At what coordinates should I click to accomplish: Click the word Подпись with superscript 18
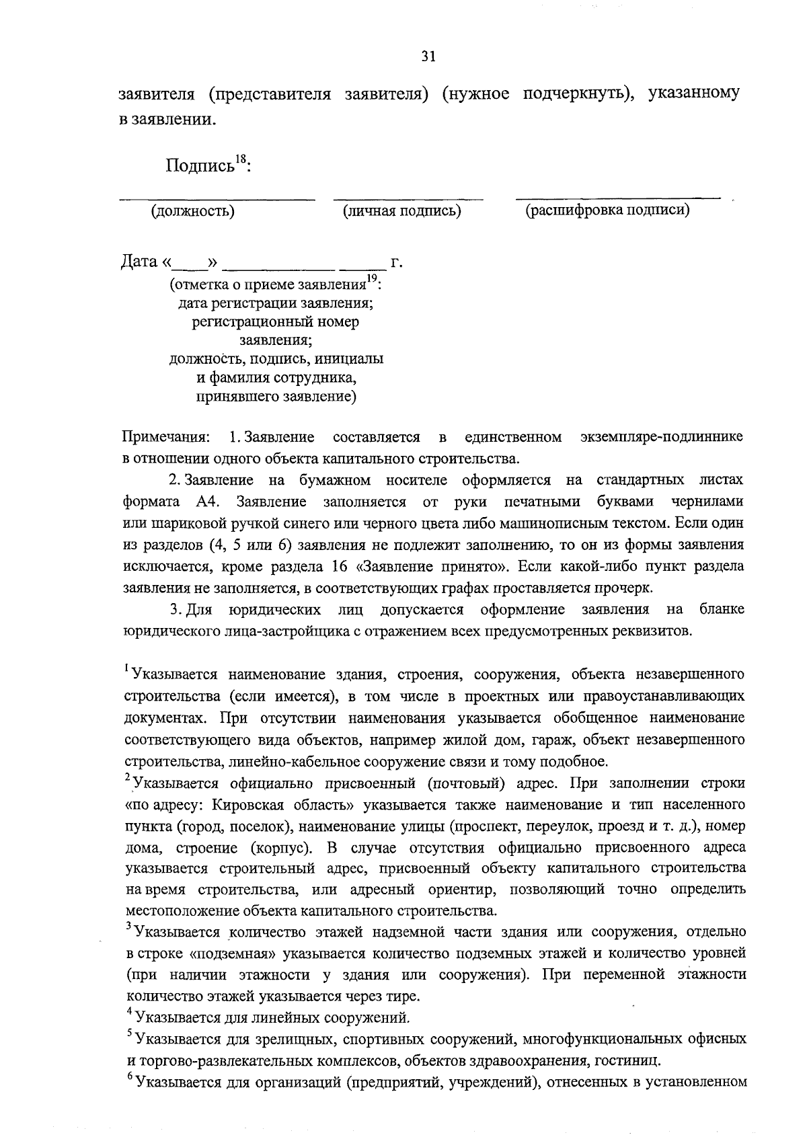point(207,165)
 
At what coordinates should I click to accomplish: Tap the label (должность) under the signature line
point(193,211)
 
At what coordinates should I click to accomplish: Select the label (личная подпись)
point(401,211)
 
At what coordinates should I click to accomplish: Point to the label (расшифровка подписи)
point(607,210)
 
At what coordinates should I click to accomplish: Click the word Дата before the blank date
point(139,261)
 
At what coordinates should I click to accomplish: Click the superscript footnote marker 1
point(126,668)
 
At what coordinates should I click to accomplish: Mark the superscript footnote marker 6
point(129,1077)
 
